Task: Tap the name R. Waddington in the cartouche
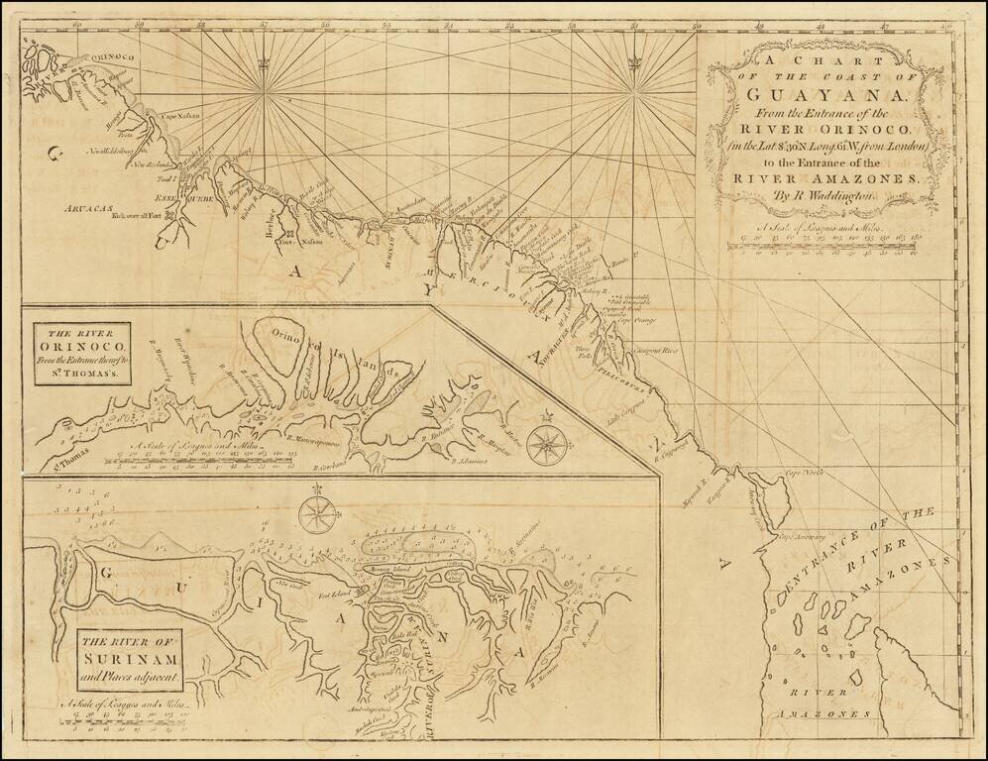818,195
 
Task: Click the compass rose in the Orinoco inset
544,443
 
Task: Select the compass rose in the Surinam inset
317,512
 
